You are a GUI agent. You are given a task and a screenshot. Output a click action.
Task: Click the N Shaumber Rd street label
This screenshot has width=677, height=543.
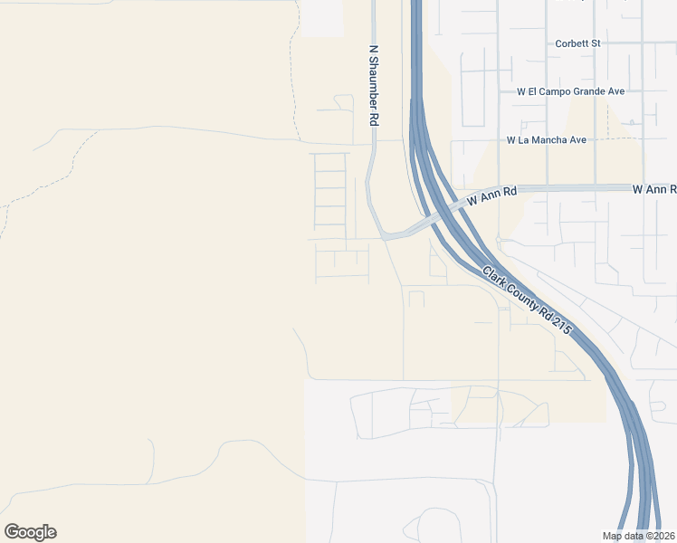[x=372, y=86]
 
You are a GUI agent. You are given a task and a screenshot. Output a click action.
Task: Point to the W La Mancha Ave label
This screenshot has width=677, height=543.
[x=547, y=140]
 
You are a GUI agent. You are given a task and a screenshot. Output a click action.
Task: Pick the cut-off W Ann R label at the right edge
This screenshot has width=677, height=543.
[x=653, y=189]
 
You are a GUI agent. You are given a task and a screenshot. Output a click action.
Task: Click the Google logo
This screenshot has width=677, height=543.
[x=30, y=532]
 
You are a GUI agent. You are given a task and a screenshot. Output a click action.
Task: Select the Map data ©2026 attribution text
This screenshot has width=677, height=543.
[x=638, y=536]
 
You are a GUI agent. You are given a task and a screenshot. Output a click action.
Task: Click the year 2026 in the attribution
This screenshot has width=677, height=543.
[x=662, y=536]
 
